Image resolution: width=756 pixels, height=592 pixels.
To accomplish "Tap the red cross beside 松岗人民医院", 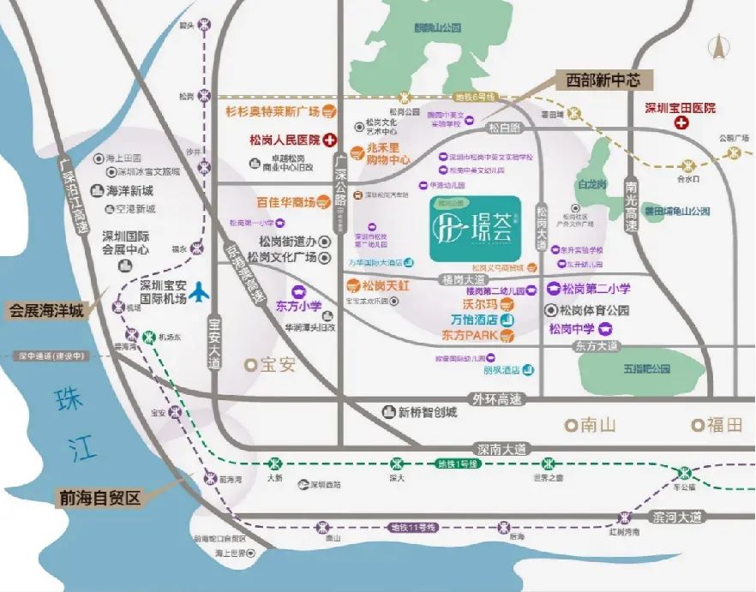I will coord(328,139).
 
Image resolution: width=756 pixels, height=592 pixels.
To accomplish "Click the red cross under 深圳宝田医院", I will coord(682,124).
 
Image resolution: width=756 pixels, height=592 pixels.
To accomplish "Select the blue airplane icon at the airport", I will coord(200,291).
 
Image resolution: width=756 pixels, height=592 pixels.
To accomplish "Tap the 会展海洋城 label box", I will coord(47,310).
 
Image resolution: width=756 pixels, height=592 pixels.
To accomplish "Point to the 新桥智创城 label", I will coord(427,411).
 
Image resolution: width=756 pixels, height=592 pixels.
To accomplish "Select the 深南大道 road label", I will coord(502,448).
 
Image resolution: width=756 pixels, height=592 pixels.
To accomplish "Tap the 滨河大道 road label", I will coord(681,517).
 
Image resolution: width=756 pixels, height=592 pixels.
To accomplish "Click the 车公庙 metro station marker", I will coord(685,473).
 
